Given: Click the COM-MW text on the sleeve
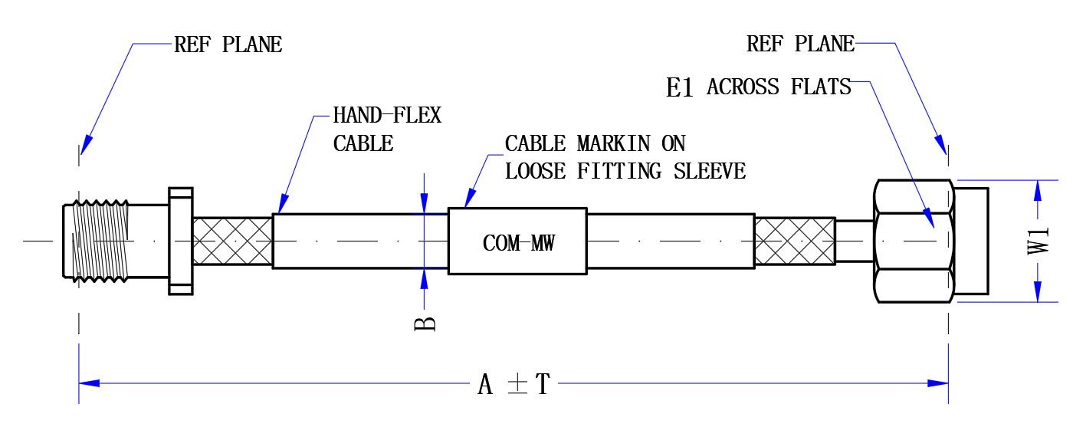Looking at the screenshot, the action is tap(518, 243).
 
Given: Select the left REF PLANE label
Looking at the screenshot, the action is tap(228, 44).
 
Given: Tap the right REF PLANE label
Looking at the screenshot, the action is tap(800, 44).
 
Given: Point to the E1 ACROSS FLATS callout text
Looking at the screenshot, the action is tap(758, 87).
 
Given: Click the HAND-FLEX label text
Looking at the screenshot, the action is tap(387, 115).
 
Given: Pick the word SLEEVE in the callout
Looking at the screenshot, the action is tap(710, 171).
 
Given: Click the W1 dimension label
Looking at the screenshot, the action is tap(1038, 241).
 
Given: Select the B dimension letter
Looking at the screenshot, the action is tap(425, 324).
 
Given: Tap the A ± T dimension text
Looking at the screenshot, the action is tap(514, 384).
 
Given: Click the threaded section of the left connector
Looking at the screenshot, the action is tap(100, 241).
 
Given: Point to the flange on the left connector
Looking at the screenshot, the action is tap(181, 241).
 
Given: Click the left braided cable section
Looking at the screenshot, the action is tap(233, 241).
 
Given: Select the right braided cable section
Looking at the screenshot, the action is tap(796, 241).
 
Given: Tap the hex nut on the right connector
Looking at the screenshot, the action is tap(914, 241).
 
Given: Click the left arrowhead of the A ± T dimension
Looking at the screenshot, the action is tap(89, 383).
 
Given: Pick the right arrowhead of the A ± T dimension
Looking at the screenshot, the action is tap(938, 383).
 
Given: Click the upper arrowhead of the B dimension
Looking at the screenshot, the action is tap(424, 203).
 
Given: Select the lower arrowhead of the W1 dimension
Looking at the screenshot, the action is tap(1038, 291).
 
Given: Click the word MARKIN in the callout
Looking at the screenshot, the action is tap(614, 143).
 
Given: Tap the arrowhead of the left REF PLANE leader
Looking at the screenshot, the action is tap(86, 145).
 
